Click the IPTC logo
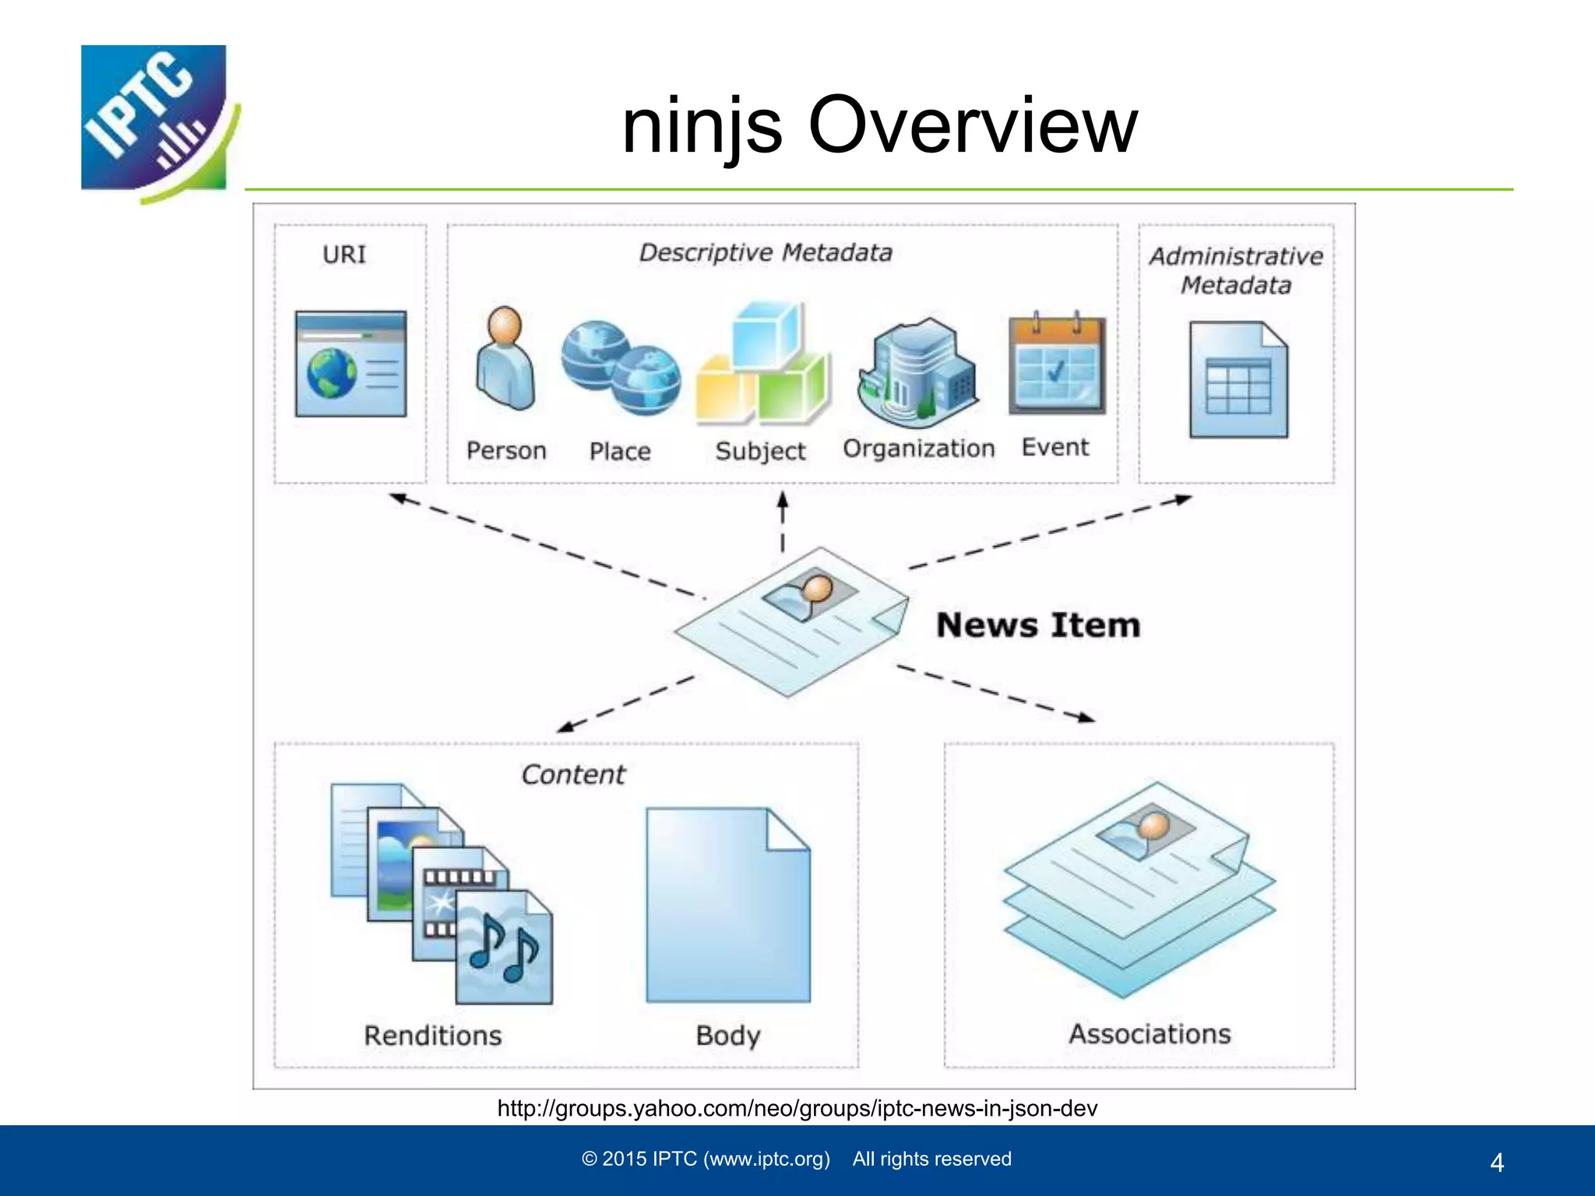[x=156, y=121]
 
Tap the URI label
[x=344, y=255]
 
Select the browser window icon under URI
[x=350, y=364]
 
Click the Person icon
[x=505, y=358]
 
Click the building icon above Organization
[x=917, y=371]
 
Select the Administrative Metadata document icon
[x=1238, y=379]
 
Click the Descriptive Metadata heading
[x=766, y=252]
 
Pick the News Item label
[x=1038, y=625]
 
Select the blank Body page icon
[x=728, y=905]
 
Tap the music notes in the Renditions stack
[x=503, y=948]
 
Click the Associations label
[x=1150, y=1034]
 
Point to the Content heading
[x=573, y=775]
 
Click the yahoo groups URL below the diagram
[x=797, y=1108]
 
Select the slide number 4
[x=1496, y=1163]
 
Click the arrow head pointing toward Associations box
[x=1085, y=717]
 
